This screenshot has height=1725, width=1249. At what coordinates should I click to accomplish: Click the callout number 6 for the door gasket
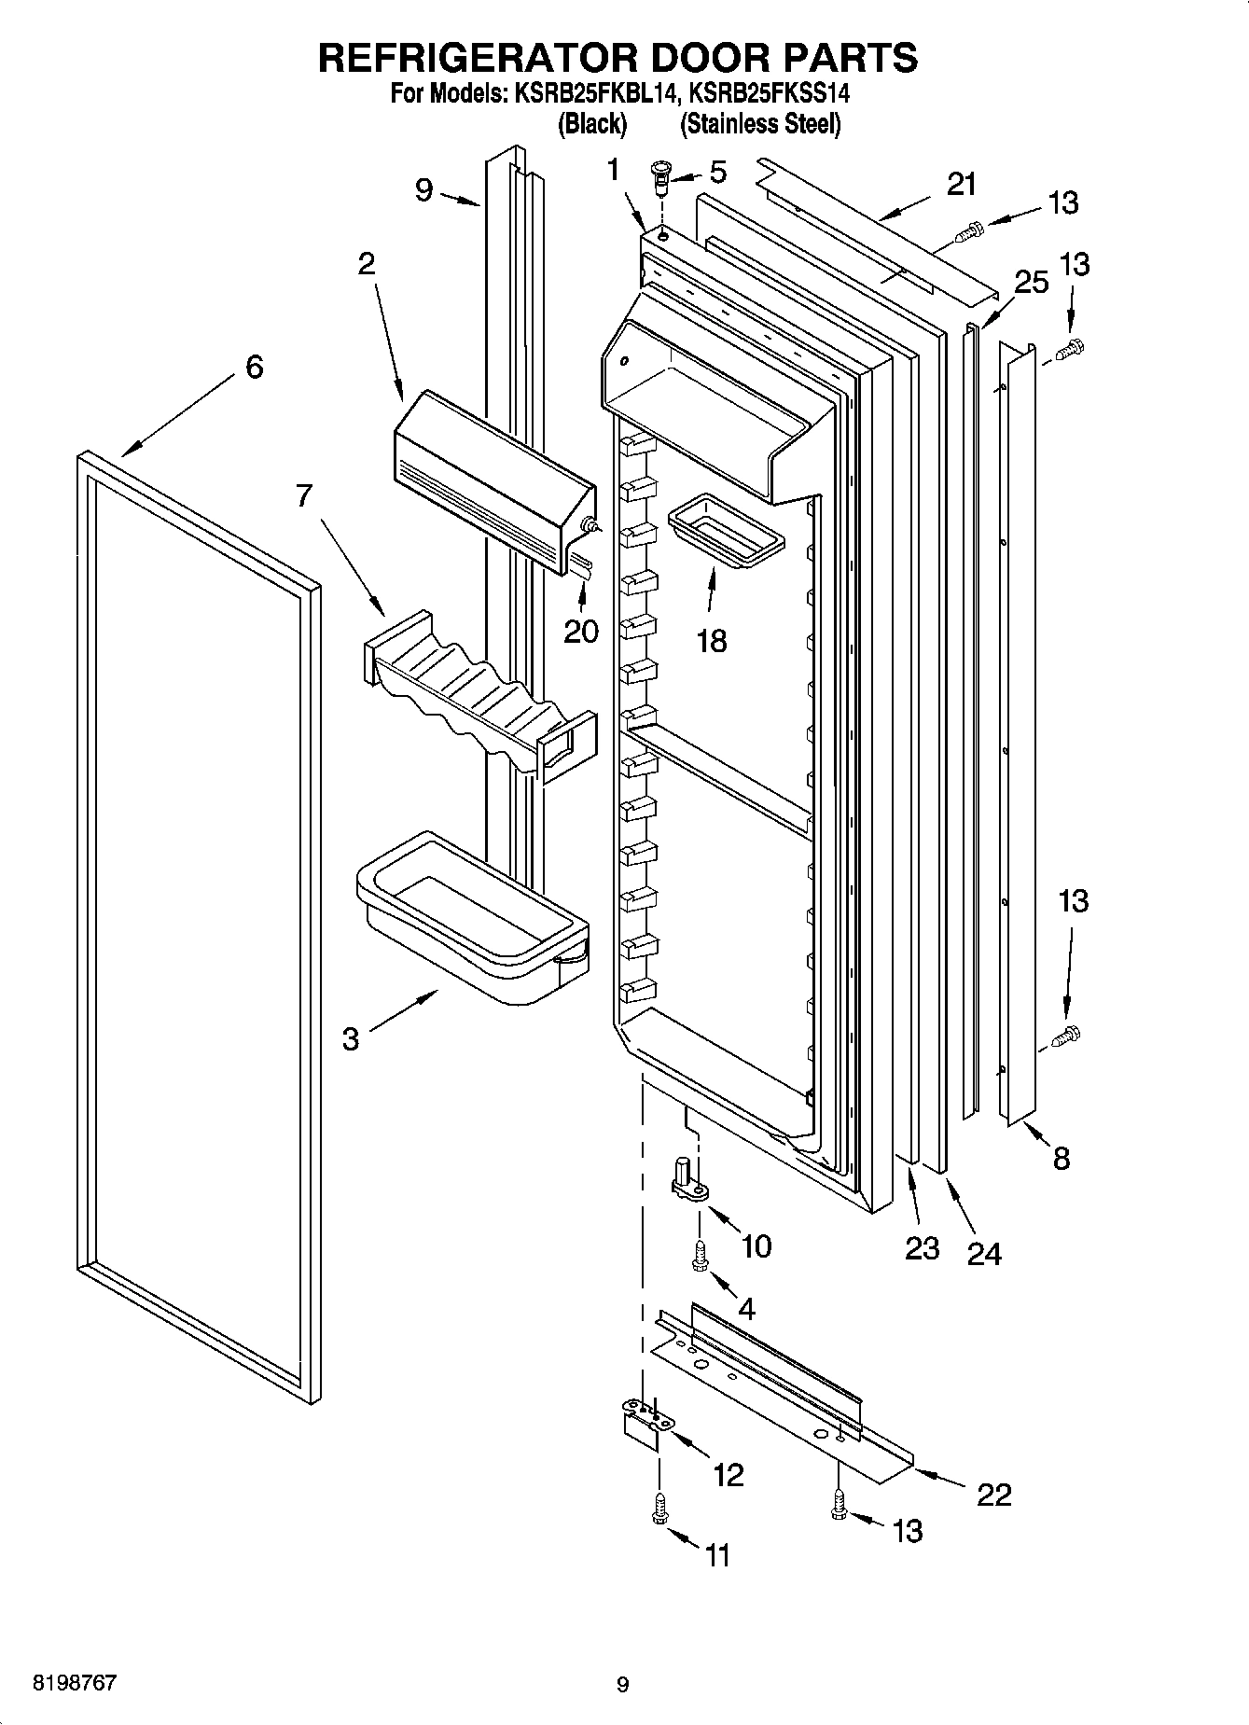254,368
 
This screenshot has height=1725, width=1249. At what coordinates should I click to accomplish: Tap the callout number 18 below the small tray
712,641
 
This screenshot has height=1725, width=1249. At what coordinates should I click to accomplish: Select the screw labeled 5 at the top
661,176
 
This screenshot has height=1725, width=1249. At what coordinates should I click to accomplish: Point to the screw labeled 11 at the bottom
660,1508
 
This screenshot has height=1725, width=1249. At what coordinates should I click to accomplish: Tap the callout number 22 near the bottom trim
993,1495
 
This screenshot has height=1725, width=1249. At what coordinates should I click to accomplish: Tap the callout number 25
1032,282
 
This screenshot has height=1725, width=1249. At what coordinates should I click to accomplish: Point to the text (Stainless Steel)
760,124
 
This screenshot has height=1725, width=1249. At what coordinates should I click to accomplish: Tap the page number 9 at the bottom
622,1684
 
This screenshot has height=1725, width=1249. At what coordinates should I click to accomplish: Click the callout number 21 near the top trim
961,185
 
